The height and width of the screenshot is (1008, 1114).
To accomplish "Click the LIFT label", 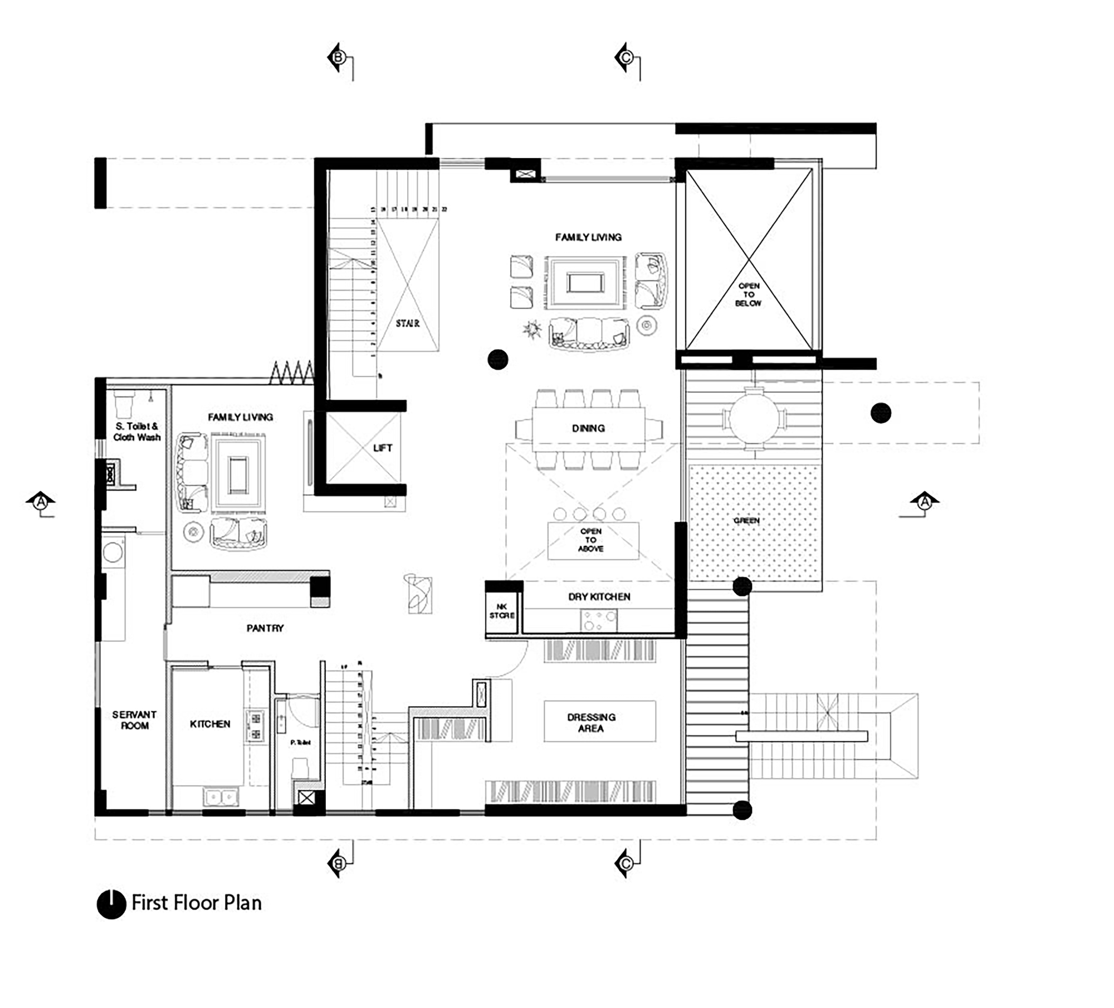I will pyautogui.click(x=383, y=448).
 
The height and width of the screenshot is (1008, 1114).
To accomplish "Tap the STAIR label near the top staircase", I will pyautogui.click(x=408, y=323).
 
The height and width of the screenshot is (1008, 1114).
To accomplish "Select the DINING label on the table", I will pyautogui.click(x=588, y=428).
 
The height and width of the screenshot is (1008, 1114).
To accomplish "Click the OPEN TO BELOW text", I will pyautogui.click(x=749, y=295).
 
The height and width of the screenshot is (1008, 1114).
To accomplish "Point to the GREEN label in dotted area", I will pyautogui.click(x=746, y=520).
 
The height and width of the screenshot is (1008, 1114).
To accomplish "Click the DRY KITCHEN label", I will pyautogui.click(x=599, y=596).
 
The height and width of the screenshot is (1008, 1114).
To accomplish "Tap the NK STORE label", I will pyautogui.click(x=502, y=611).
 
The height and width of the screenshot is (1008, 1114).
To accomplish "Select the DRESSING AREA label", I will pyautogui.click(x=591, y=722).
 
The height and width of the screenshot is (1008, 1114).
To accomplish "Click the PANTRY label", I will pyautogui.click(x=265, y=628).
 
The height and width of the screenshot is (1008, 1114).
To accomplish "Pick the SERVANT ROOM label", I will pyautogui.click(x=134, y=720).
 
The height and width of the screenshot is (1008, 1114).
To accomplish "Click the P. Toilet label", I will pyautogui.click(x=300, y=742).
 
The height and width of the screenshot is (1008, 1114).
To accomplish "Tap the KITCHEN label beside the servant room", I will pyautogui.click(x=210, y=724).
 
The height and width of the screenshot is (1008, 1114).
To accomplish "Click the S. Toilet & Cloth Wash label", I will pyautogui.click(x=136, y=432).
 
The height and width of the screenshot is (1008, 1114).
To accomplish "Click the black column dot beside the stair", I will pyautogui.click(x=498, y=360).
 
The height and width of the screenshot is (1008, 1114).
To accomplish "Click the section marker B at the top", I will pyautogui.click(x=338, y=57).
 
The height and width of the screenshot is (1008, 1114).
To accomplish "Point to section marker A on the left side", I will pyautogui.click(x=40, y=502).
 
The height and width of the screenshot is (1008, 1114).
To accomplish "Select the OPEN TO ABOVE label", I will pyautogui.click(x=591, y=540).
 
